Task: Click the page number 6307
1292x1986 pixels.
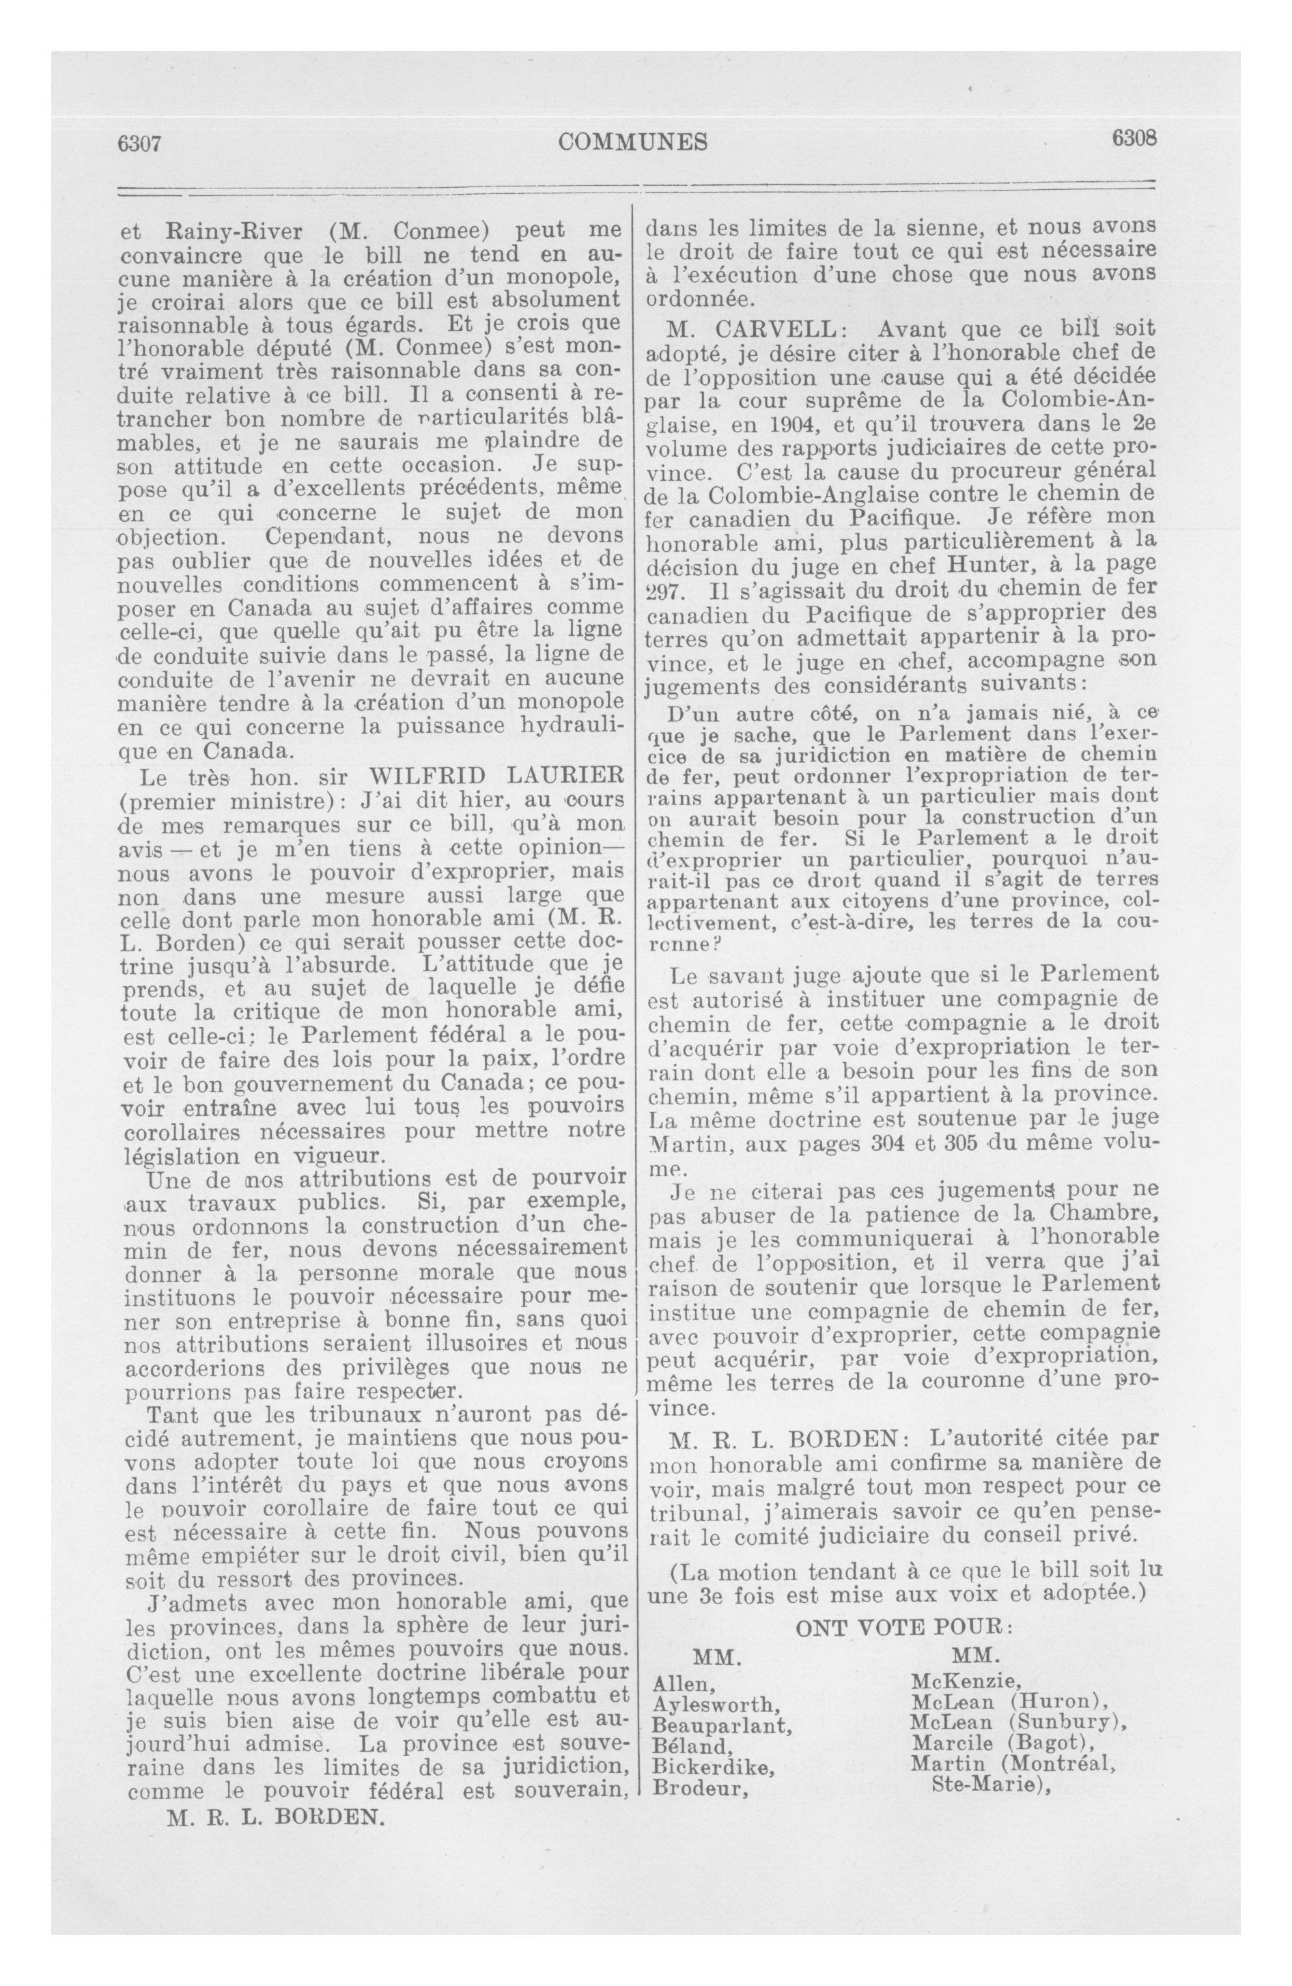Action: [x=139, y=143]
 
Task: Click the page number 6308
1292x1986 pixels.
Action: [x=1134, y=139]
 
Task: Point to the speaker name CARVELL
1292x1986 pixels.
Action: [x=755, y=331]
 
